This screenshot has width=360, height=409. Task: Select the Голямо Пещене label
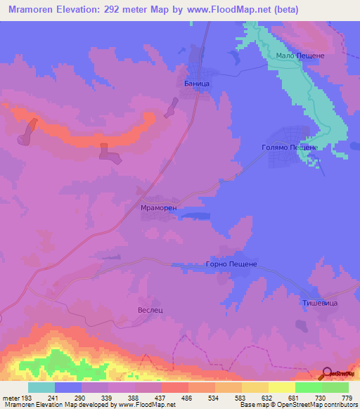(x=290, y=148)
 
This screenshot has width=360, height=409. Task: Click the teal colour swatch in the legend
(x=41, y=387)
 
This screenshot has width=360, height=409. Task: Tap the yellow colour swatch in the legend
(x=282, y=387)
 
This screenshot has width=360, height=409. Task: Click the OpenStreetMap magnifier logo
(x=327, y=373)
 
